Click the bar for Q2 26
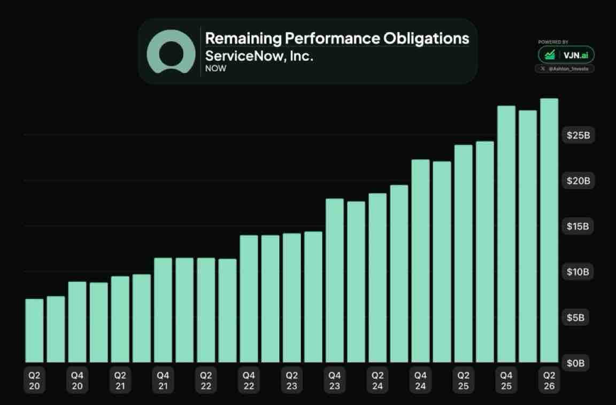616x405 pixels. [x=549, y=230]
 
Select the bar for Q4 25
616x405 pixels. [x=506, y=234]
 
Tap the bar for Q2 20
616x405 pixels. [x=34, y=330]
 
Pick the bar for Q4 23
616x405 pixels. [x=335, y=281]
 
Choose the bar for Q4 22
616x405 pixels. [x=249, y=299]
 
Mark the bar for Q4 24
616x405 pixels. [x=421, y=261]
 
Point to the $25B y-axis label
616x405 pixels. [x=578, y=135]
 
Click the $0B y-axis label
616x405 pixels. [x=575, y=363]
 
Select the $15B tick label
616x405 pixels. [x=578, y=227]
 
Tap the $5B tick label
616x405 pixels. [x=575, y=317]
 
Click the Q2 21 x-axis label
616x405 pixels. [x=120, y=380]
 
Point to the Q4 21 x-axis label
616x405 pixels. [x=163, y=380]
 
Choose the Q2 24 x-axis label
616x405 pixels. [x=378, y=380]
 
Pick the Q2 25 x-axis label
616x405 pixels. [x=464, y=380]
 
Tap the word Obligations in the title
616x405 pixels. [x=426, y=38]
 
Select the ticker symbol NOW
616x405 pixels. [x=215, y=68]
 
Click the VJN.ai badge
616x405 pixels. [x=566, y=55]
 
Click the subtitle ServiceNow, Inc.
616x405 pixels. [x=259, y=56]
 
